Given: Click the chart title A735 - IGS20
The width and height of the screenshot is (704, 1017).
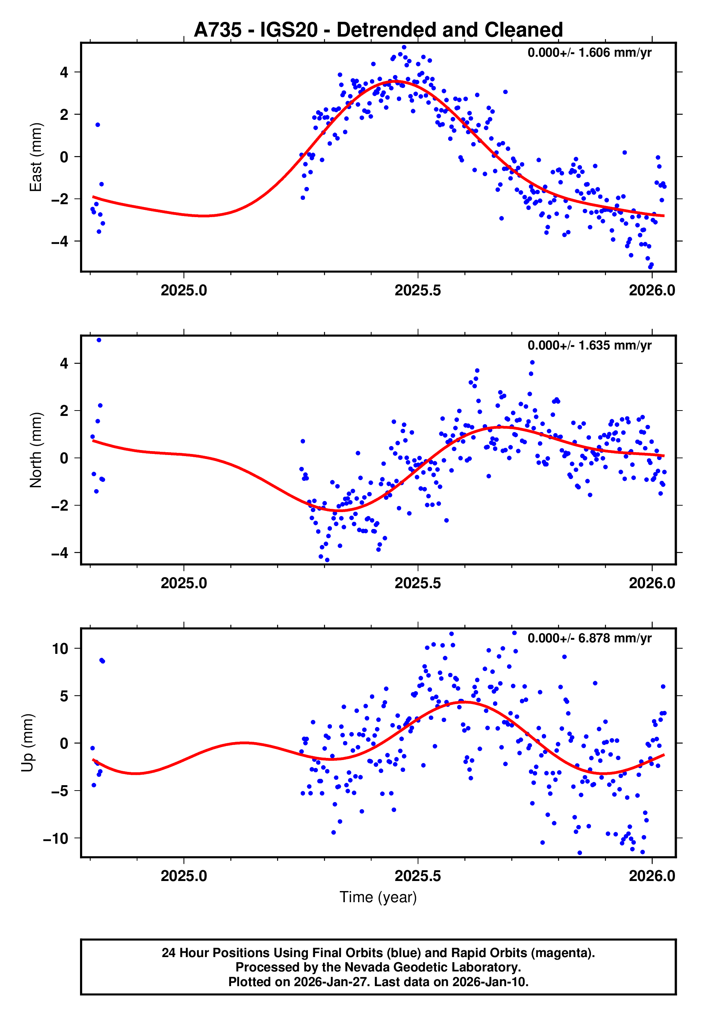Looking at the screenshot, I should click(x=378, y=30).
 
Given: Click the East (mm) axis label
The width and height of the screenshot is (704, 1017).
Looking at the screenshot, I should click(x=36, y=157).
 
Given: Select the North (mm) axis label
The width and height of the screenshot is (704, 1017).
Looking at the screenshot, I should click(x=36, y=450).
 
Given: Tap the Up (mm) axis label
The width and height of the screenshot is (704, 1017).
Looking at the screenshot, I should click(x=27, y=743).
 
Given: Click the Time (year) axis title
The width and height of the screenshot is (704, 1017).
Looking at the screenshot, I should click(x=378, y=898).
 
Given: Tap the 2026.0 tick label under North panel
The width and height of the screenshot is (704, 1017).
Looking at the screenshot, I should click(x=652, y=583).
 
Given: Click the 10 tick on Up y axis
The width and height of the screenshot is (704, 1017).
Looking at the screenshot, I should click(x=60, y=649).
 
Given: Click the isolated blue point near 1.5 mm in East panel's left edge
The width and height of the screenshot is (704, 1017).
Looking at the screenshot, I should click(x=98, y=125).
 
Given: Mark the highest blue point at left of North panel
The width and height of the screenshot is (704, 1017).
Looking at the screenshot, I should click(x=99, y=340).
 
